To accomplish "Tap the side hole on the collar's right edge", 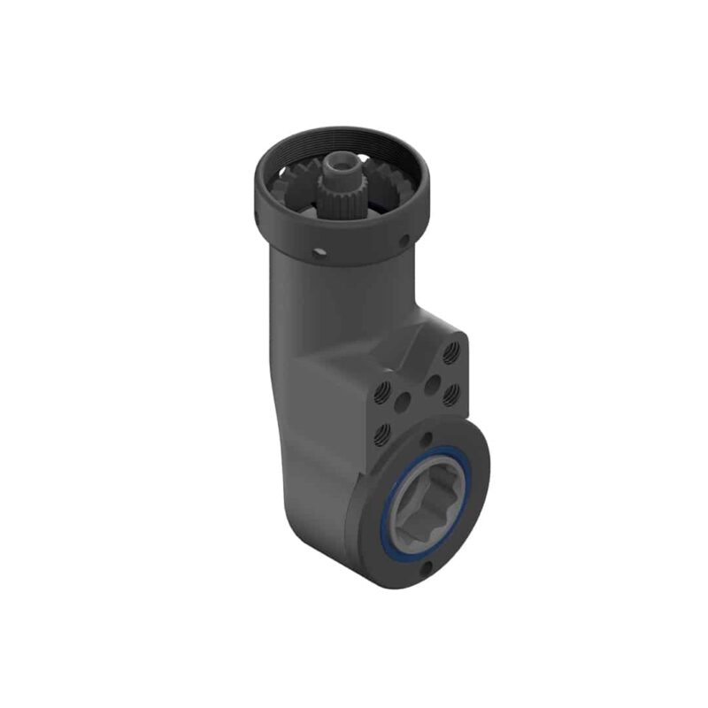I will coord(404,240).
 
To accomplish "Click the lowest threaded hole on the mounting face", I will coord(382,433).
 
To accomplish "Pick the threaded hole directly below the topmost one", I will coord(450,389).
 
